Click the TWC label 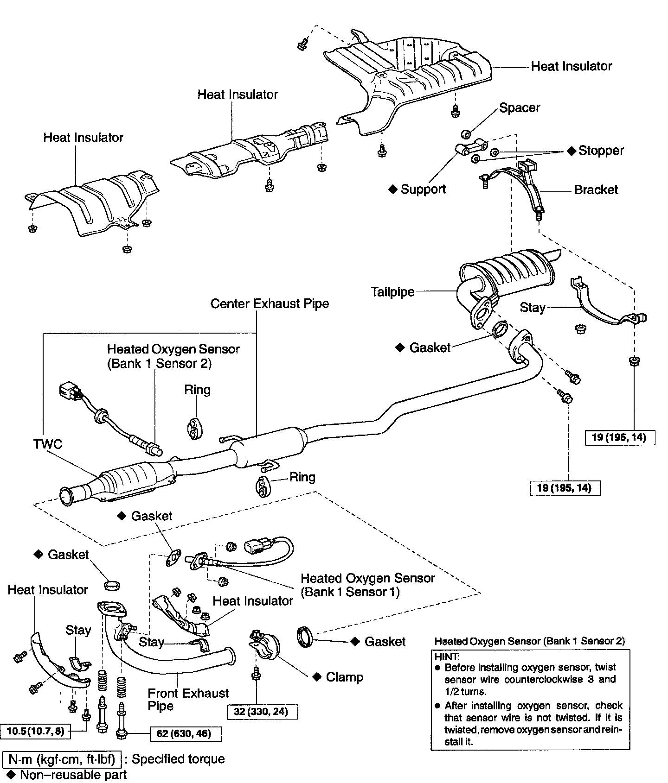48,444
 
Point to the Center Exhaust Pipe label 270,304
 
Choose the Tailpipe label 392,292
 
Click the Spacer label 520,108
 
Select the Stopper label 601,151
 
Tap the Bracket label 596,190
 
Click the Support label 423,189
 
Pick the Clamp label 344,677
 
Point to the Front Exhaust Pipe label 188,699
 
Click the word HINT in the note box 447,657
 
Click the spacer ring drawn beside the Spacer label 467,134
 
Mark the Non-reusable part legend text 73,775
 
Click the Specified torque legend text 178,759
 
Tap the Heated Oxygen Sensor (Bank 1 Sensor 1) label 367,585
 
